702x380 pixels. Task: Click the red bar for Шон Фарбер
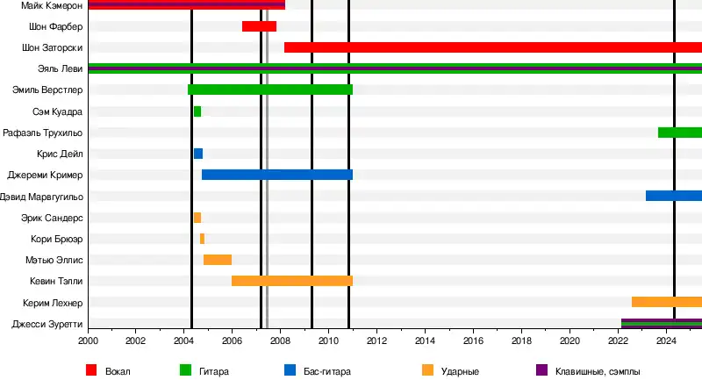click(259, 26)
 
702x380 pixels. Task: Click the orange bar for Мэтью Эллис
click(218, 260)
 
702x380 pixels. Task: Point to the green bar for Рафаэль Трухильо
click(679, 133)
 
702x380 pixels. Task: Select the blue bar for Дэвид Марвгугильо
click(673, 196)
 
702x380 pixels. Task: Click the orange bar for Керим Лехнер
click(666, 302)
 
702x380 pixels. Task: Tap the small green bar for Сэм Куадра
click(197, 111)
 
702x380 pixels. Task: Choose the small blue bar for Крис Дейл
click(198, 154)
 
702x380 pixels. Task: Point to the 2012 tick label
click(376, 341)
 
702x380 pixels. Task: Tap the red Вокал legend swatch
click(90, 370)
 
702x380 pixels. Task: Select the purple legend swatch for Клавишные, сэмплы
click(541, 370)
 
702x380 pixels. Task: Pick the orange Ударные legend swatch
click(427, 370)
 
